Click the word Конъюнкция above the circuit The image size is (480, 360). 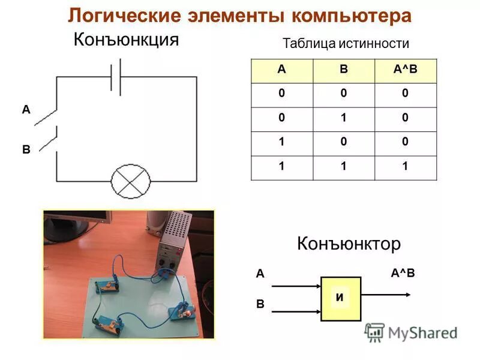point(126,40)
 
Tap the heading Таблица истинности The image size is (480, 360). point(345,44)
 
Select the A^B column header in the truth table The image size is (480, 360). point(405,70)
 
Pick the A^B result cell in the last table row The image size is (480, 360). point(405,167)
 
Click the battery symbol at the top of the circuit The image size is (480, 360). point(116,77)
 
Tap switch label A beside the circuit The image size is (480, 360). point(26,110)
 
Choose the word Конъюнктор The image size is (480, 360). point(349,244)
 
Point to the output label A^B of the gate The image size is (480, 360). point(403,274)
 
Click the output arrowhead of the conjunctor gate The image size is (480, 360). point(407,294)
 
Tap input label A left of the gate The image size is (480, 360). point(260,274)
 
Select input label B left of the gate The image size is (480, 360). point(260,304)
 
